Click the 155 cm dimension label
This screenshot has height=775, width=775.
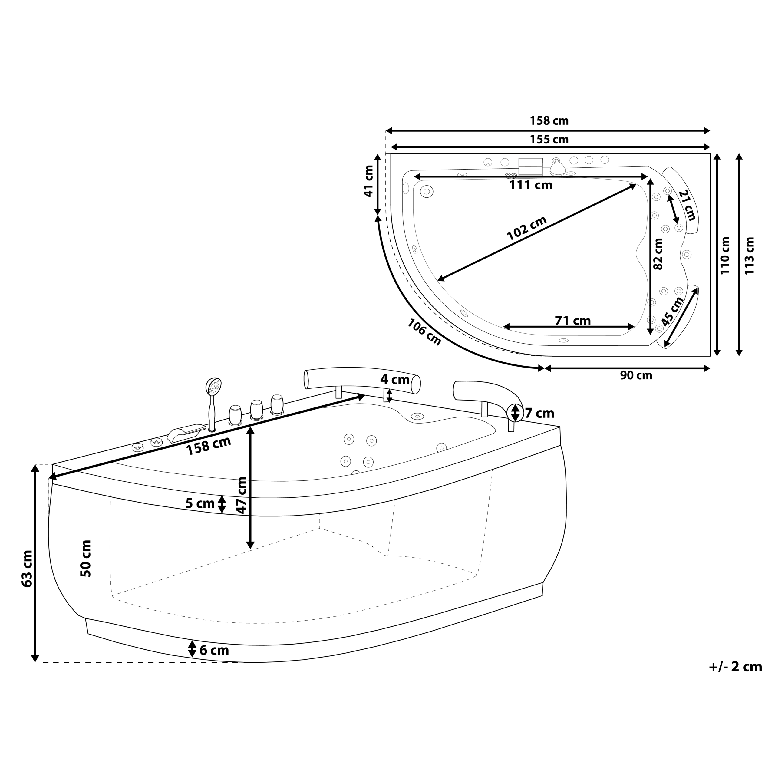pos(549,140)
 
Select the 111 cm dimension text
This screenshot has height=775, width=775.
pos(530,185)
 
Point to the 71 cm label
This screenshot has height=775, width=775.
pos(572,321)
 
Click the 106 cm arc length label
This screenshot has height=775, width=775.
pos(424,332)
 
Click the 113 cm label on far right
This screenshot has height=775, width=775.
pos(749,256)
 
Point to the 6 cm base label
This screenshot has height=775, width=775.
pos(214,650)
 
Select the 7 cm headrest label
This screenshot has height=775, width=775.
pos(539,413)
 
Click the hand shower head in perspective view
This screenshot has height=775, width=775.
pos(214,387)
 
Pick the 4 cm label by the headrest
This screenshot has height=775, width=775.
pos(395,379)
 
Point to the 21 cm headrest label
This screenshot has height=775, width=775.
pos(687,206)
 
